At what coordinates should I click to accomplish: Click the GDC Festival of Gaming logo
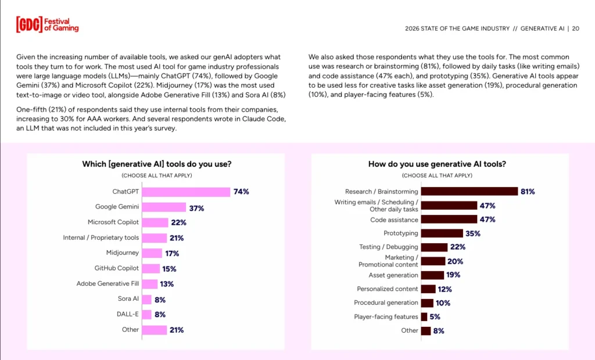click(x=47, y=24)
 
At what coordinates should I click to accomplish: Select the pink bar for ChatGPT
click(x=186, y=192)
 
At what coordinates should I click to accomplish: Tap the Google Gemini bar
click(x=164, y=207)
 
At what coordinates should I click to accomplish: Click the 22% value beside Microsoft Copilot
click(x=178, y=222)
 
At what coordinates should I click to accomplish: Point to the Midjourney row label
click(x=123, y=253)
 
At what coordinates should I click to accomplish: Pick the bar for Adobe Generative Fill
click(x=150, y=284)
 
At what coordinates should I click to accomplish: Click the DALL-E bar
click(x=146, y=315)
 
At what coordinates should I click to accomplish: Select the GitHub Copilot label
click(x=117, y=268)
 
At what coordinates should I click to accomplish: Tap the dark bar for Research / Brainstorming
click(x=469, y=192)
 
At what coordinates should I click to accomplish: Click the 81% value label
click(x=528, y=192)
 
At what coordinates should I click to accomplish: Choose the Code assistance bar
click(x=449, y=219)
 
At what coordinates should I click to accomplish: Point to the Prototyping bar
click(x=442, y=233)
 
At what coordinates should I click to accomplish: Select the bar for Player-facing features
click(x=424, y=317)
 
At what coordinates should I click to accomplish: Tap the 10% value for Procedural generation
click(x=443, y=303)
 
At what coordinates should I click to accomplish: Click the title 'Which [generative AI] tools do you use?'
click(x=157, y=164)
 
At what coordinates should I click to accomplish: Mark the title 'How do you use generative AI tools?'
click(x=437, y=164)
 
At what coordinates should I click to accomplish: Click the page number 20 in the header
click(x=575, y=28)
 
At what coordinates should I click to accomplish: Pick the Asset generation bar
click(x=432, y=275)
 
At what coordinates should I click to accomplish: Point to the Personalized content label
click(x=388, y=289)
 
